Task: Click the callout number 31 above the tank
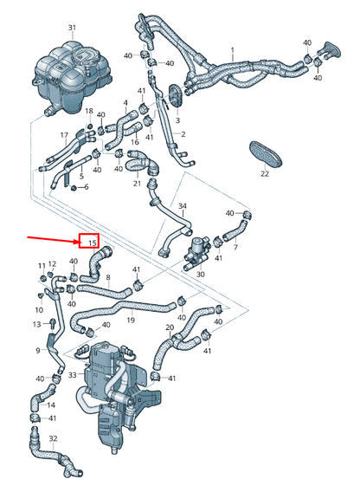pyautogui.click(x=72, y=29)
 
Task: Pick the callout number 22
pyautogui.click(x=265, y=175)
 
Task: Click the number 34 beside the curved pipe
pyautogui.click(x=182, y=206)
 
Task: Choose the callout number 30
pyautogui.click(x=201, y=275)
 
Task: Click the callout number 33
pyautogui.click(x=72, y=375)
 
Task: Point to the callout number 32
pyautogui.click(x=52, y=439)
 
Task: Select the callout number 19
pyautogui.click(x=131, y=320)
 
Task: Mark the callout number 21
pyautogui.click(x=137, y=184)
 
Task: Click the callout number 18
pyautogui.click(x=88, y=111)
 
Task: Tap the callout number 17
pyautogui.click(x=63, y=135)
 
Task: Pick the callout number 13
pyautogui.click(x=37, y=324)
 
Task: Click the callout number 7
pyautogui.click(x=235, y=248)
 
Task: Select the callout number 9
pyautogui.click(x=38, y=350)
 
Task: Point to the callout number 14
pyautogui.click(x=50, y=405)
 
